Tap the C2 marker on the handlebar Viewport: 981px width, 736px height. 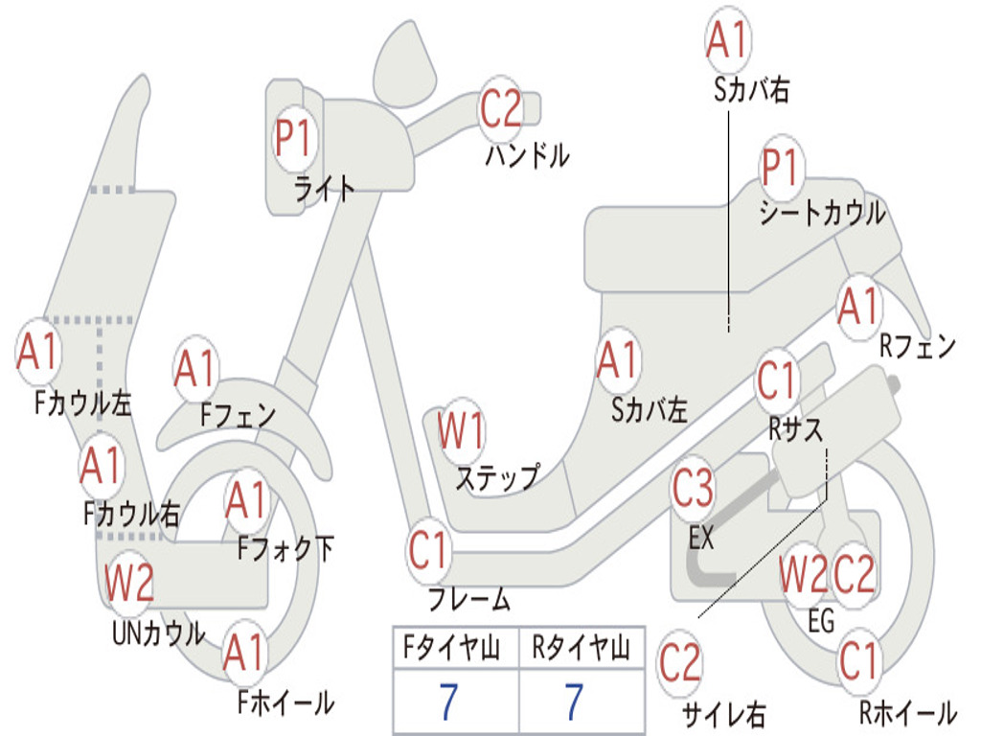click(x=500, y=108)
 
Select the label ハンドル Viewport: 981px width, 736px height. click(x=527, y=154)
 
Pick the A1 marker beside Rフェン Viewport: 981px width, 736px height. click(x=857, y=307)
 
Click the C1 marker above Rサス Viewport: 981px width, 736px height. click(x=777, y=381)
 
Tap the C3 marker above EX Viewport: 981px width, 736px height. click(x=693, y=490)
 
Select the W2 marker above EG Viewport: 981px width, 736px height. click(x=803, y=574)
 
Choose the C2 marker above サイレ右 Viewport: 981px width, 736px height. click(x=680, y=663)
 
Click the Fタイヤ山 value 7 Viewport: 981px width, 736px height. click(x=447, y=702)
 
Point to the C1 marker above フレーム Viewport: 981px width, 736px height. click(x=428, y=551)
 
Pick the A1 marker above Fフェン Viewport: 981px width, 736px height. click(x=195, y=369)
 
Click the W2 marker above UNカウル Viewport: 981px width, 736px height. click(x=129, y=583)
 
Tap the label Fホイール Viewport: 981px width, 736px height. click(x=285, y=702)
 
